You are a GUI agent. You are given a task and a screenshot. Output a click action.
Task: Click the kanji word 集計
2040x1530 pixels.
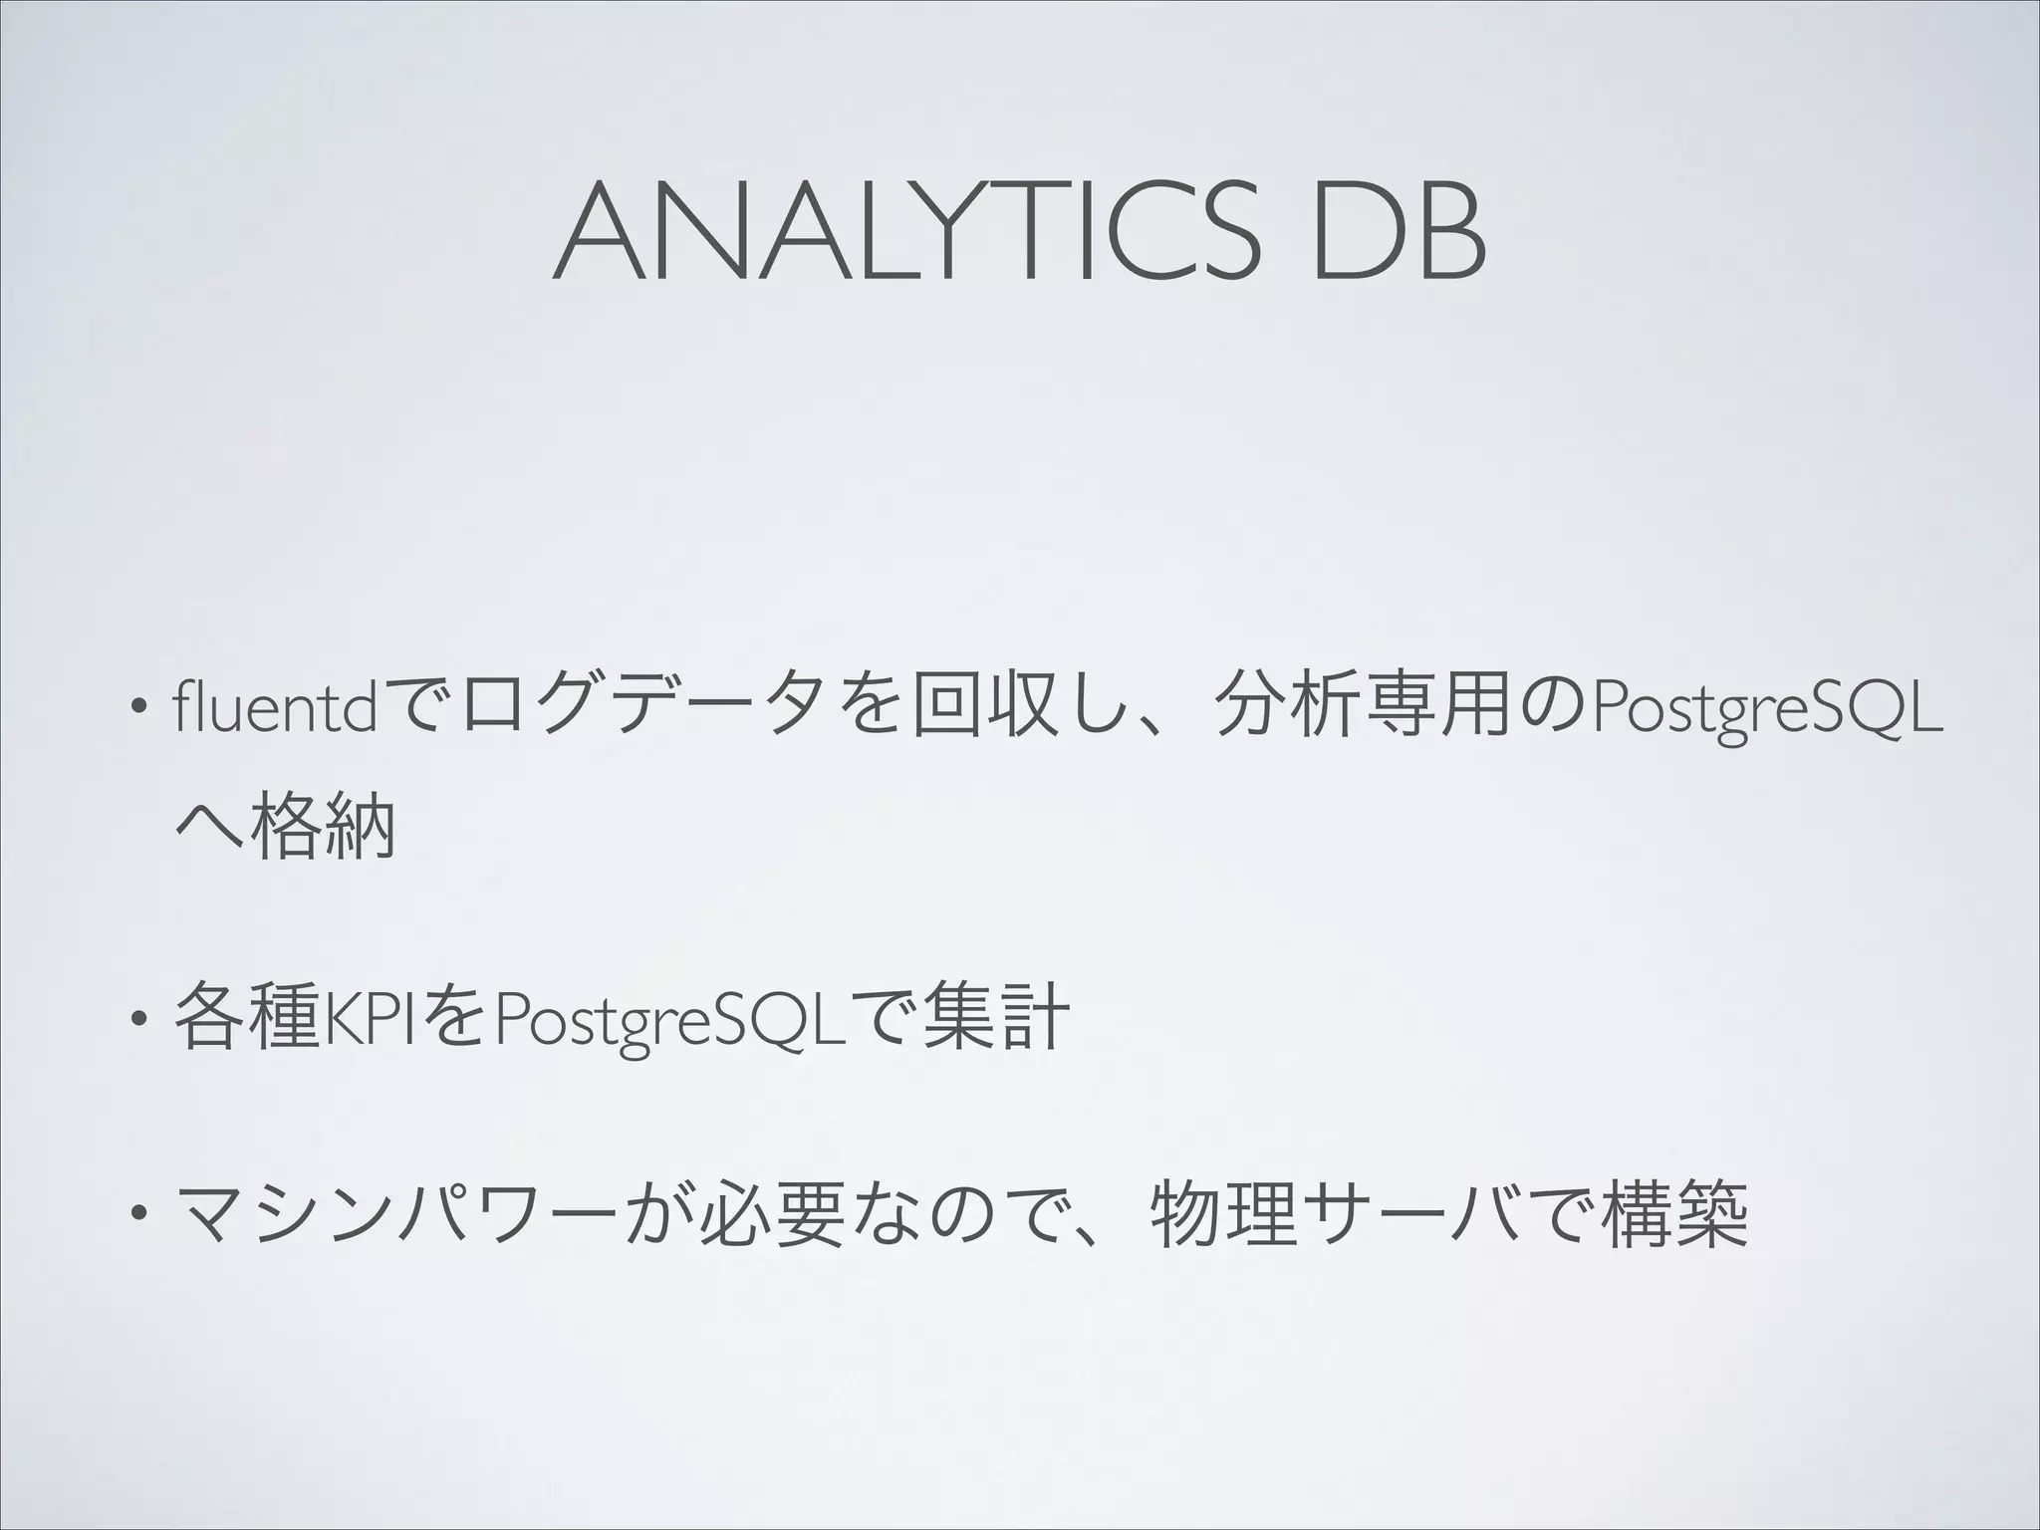click(x=995, y=1017)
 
